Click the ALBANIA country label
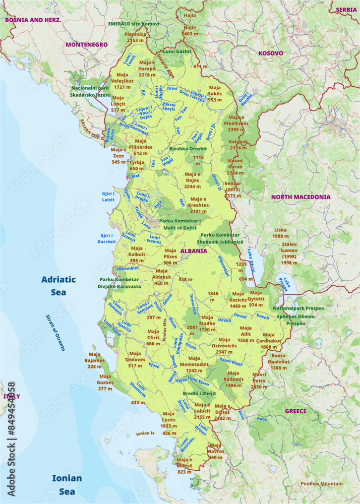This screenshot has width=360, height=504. (194, 250)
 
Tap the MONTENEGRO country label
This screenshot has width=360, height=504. (86, 45)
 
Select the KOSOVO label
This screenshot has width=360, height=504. (271, 53)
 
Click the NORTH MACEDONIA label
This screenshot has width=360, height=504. (301, 197)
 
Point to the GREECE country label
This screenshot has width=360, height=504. (295, 411)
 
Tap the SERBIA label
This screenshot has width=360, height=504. (346, 10)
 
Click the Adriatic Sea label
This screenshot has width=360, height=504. (58, 285)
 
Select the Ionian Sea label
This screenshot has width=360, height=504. (67, 484)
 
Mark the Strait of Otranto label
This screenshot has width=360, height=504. (55, 333)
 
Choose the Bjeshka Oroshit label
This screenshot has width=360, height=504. (188, 149)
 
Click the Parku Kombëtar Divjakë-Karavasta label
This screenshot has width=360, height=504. (120, 283)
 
